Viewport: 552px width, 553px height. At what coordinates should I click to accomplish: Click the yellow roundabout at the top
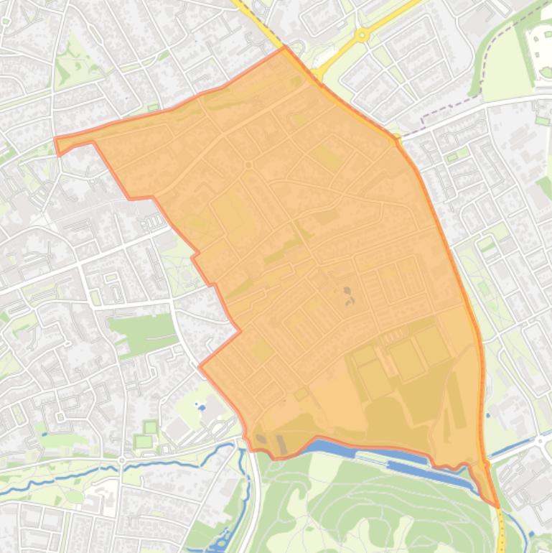point(362,34)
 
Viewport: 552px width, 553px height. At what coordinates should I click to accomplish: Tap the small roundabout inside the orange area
point(248,165)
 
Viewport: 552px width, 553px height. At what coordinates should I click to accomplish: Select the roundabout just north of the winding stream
point(122,459)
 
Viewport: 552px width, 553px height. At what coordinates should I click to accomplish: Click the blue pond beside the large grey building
point(200,407)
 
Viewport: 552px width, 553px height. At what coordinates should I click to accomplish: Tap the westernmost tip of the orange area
point(55,139)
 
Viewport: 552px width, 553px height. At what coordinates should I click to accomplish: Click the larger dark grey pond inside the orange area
point(347,292)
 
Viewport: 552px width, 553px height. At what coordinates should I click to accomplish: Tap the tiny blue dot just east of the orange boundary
point(488,414)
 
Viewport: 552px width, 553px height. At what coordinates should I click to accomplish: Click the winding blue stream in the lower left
point(72,478)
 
